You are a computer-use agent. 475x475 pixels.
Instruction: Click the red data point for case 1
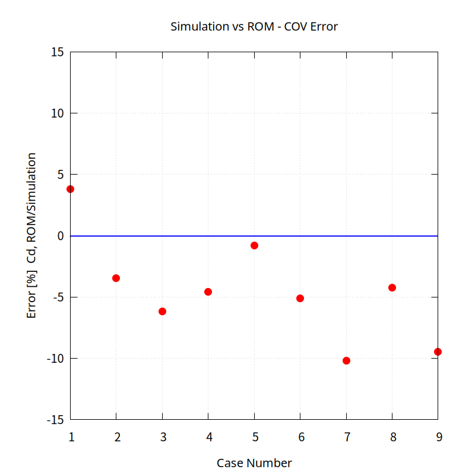71,189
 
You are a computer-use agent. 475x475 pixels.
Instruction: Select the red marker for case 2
116,278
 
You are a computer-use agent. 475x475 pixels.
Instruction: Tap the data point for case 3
162,311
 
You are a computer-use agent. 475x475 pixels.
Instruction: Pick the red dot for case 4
208,292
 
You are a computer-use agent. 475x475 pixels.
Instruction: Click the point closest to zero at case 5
254,245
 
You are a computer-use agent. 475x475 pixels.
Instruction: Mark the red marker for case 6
300,298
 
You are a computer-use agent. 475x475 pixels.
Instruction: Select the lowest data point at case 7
346,360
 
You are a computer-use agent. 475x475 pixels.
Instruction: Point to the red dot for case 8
392,287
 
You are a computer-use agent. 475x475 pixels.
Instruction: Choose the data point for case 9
438,351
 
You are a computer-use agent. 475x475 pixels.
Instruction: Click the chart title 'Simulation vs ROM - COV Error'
254,27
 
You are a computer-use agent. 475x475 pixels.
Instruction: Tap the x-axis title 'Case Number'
254,463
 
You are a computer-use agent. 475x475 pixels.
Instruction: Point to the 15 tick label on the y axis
57,52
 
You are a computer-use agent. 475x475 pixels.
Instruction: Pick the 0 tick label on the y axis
60,236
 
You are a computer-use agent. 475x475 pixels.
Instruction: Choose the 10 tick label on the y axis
57,113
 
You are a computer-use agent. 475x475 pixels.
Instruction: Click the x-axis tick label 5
255,438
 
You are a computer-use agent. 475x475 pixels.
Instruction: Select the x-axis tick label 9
438,438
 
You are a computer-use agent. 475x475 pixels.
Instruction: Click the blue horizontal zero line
178,236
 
